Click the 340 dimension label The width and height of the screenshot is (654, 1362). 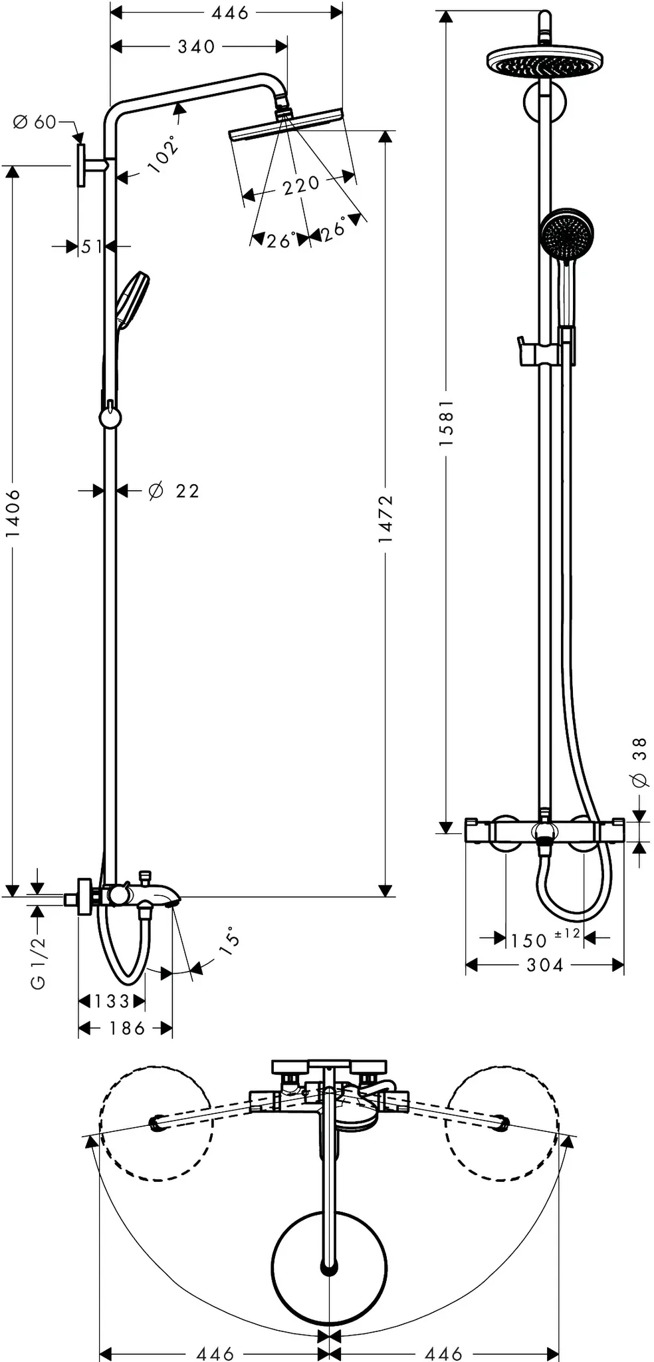(196, 46)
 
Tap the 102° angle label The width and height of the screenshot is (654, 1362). (164, 154)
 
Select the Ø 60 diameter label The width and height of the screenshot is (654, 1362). (35, 122)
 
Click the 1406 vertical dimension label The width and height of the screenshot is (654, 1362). (13, 513)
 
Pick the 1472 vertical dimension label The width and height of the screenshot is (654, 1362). (385, 519)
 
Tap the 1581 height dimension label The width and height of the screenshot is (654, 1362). (446, 422)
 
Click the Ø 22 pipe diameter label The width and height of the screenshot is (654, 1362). (174, 491)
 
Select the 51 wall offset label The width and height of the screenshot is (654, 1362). (92, 247)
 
